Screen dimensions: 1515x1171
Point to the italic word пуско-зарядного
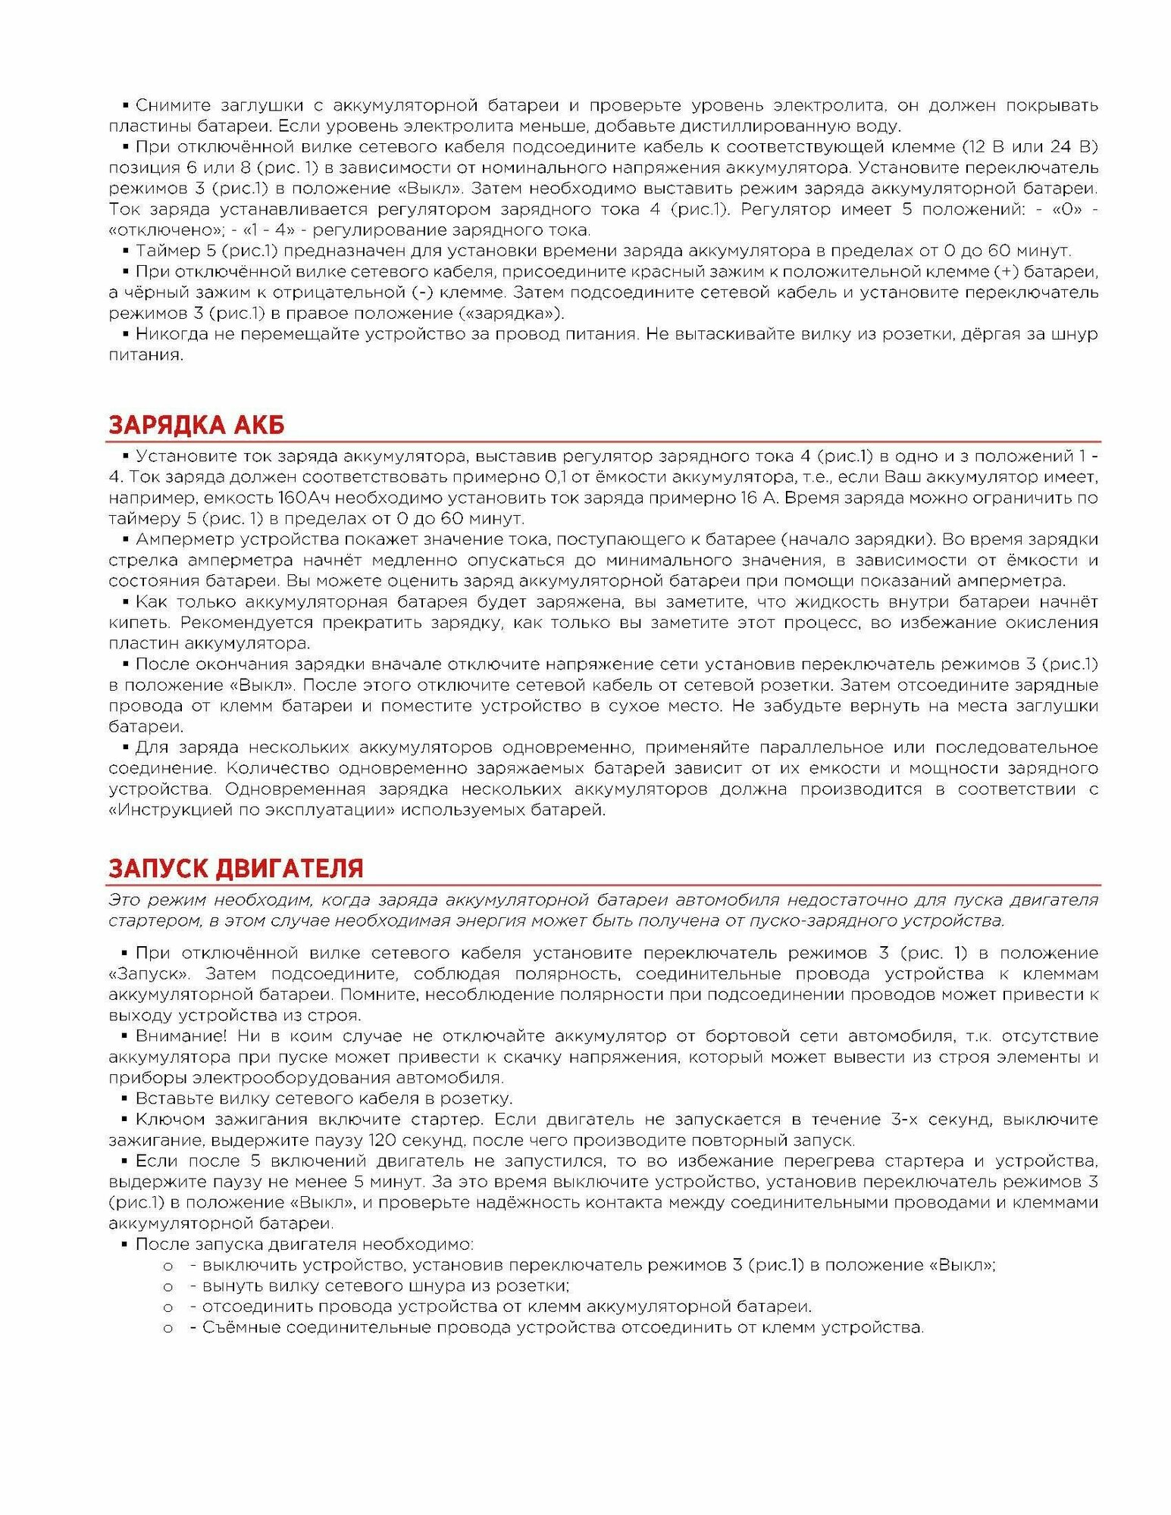(819, 921)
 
